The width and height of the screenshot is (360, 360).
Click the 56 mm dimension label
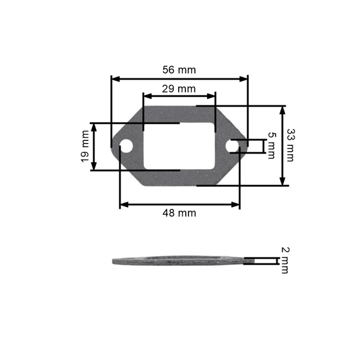(179, 70)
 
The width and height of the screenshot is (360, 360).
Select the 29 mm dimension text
(179, 88)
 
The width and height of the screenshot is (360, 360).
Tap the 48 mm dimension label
(179, 213)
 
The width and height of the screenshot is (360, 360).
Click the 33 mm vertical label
(290, 146)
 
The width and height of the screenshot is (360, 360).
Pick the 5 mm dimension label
(271, 146)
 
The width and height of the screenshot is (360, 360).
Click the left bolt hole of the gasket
(127, 146)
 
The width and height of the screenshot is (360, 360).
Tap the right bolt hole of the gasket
(232, 146)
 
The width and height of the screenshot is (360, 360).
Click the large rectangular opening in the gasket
(179, 146)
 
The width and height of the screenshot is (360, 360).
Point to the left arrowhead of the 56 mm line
(114, 78)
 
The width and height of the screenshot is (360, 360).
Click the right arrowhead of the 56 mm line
(245, 78)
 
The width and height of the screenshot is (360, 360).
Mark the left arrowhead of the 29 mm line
(146, 96)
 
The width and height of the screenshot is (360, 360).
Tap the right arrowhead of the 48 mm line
(237, 205)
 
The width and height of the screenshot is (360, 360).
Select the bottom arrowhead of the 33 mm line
(282, 182)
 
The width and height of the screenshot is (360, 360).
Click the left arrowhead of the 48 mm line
(123, 205)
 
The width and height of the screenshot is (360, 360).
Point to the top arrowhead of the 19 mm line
(94, 126)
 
